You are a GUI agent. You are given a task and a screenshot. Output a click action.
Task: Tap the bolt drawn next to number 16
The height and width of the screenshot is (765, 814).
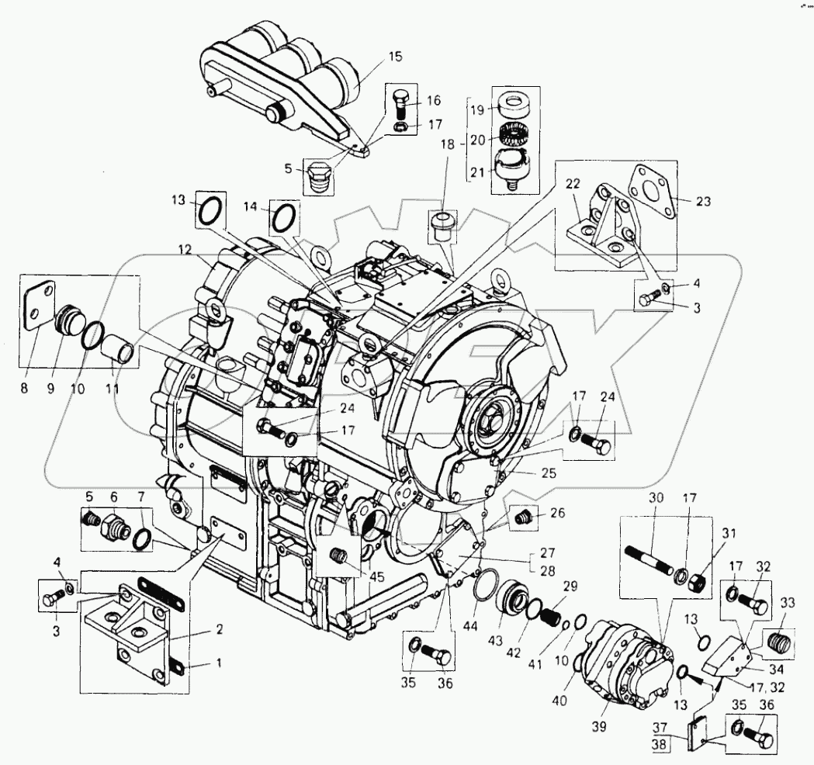(400, 103)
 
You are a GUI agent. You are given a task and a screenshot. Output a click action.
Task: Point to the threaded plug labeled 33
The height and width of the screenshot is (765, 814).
(780, 641)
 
